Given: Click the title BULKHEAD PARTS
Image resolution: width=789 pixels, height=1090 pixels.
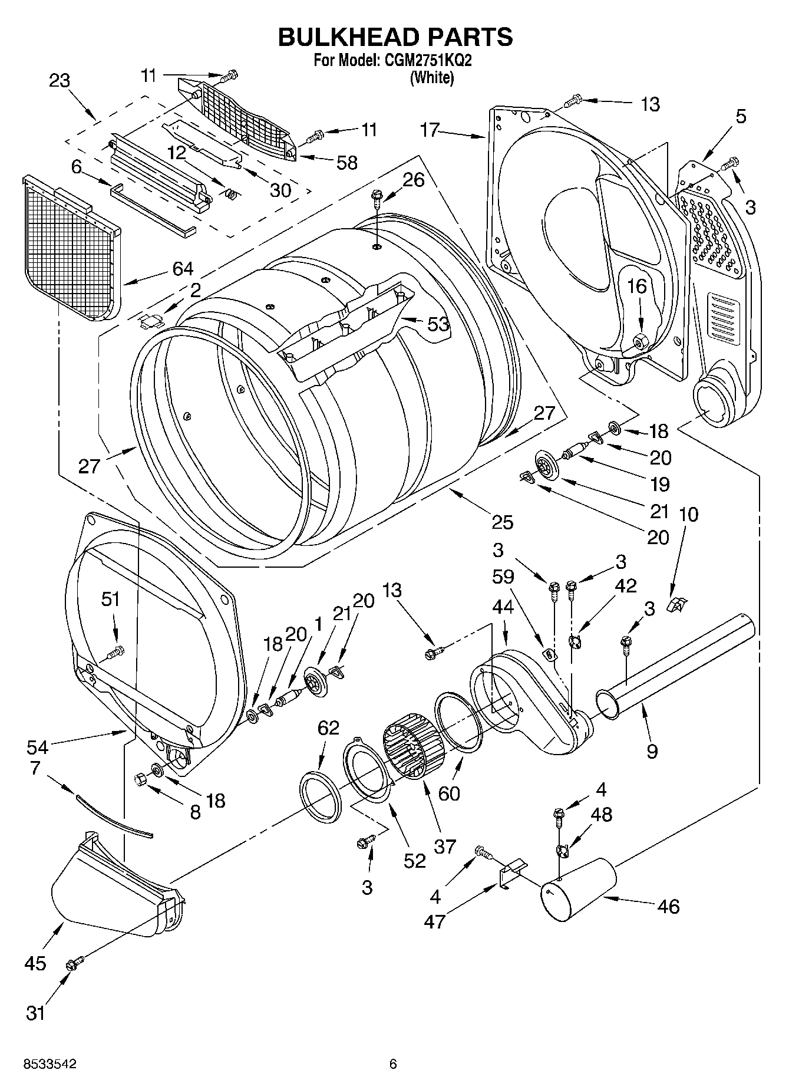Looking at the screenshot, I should point(395,37).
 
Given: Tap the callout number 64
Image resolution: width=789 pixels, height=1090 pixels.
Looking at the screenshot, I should point(183,268).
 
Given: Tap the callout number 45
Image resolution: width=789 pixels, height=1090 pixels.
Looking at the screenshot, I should point(35,963).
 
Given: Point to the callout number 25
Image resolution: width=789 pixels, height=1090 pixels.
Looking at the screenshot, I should point(503,522).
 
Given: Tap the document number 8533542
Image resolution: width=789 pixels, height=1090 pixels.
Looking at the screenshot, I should point(49,1063).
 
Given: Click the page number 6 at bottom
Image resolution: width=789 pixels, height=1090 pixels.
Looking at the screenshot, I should point(393,1063).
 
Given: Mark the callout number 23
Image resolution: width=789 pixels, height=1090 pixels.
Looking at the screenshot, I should point(60,81).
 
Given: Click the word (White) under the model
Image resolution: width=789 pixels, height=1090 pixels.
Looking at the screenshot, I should point(432,77).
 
